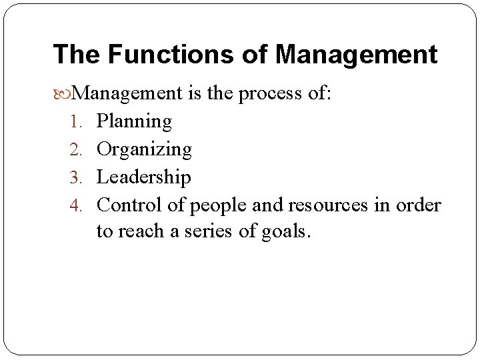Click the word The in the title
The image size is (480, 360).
75,54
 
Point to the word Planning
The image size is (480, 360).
134,121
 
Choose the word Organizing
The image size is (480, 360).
144,149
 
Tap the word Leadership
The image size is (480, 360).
144,177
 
